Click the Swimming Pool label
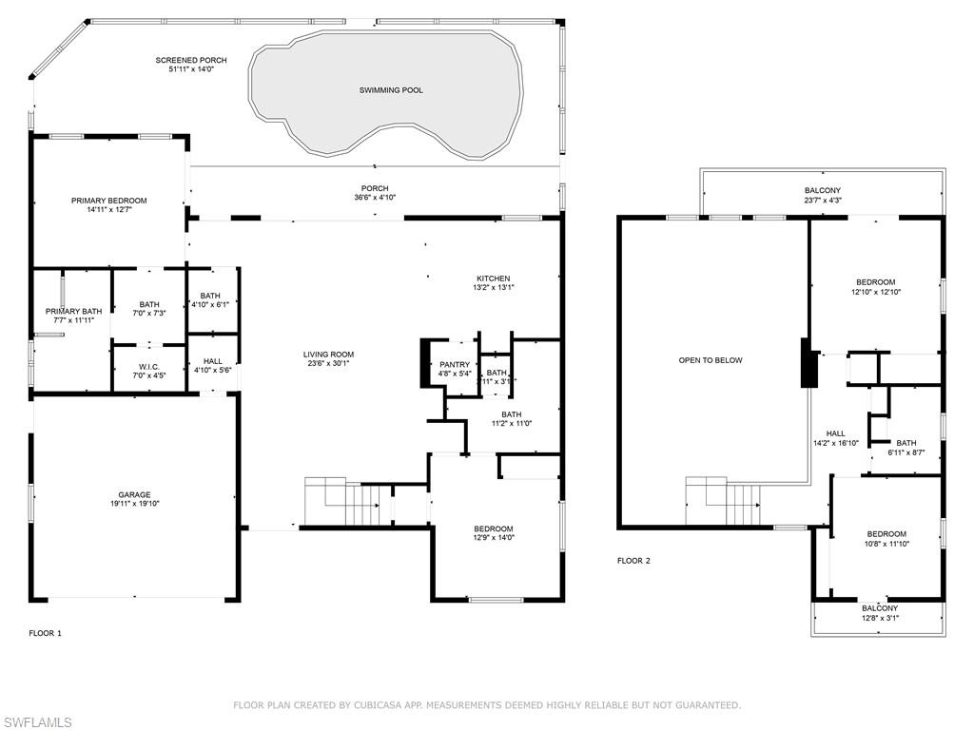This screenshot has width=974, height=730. (391, 90)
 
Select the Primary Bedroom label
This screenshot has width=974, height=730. (109, 201)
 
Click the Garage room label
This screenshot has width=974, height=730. (134, 494)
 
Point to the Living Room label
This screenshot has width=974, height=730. (328, 355)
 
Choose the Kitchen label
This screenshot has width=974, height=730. (494, 279)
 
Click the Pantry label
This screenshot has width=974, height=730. (455, 364)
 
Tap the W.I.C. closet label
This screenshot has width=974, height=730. (135, 367)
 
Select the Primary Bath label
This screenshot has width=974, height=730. (73, 311)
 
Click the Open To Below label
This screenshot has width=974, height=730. (711, 360)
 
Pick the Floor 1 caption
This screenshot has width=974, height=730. (45, 633)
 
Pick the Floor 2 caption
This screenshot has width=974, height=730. (633, 561)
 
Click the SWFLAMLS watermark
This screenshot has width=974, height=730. (36, 723)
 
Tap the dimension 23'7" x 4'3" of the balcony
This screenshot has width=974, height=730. (823, 201)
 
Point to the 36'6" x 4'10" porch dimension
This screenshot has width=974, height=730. (375, 198)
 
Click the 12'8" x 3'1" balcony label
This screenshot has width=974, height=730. (880, 618)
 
